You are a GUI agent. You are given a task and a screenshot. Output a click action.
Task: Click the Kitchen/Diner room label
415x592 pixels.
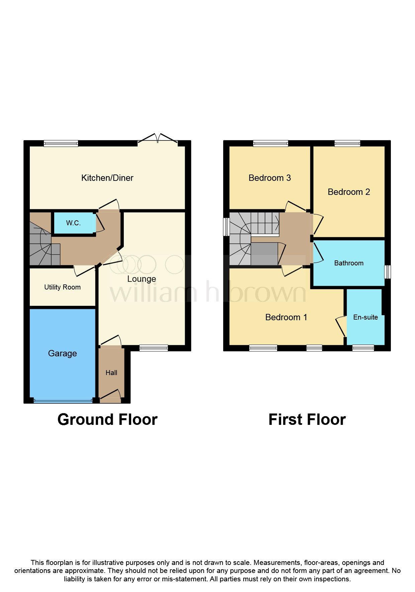107,178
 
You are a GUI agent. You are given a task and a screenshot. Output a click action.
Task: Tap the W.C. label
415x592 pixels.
73,223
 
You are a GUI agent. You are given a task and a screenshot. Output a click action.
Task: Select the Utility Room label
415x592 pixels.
62,287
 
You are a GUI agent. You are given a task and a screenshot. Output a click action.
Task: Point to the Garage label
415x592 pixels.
62,353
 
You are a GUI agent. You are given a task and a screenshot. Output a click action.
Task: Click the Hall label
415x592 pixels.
111,373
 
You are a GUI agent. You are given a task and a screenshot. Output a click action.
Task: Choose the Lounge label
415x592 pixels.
142,279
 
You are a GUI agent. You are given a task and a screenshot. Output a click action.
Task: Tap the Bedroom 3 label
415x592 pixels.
269,178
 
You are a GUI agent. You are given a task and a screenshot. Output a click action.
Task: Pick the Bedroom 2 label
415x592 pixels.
349,192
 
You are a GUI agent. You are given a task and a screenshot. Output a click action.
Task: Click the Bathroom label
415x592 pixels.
349,263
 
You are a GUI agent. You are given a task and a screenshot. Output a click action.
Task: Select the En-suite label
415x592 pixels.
365,317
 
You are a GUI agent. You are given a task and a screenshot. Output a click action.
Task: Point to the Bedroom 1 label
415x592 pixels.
286,317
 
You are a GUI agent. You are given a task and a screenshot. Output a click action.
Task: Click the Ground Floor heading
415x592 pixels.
107,420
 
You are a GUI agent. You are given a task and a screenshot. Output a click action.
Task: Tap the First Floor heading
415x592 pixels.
307,420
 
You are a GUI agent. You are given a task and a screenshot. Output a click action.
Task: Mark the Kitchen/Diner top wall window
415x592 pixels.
61,144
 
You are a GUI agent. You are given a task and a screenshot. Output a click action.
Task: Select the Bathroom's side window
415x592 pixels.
388,272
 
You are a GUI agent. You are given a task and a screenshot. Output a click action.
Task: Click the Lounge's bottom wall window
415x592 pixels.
154,348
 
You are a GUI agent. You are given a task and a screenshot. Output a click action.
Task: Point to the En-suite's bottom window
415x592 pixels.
363,348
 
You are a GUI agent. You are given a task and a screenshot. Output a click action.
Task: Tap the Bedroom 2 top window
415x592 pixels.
347,144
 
